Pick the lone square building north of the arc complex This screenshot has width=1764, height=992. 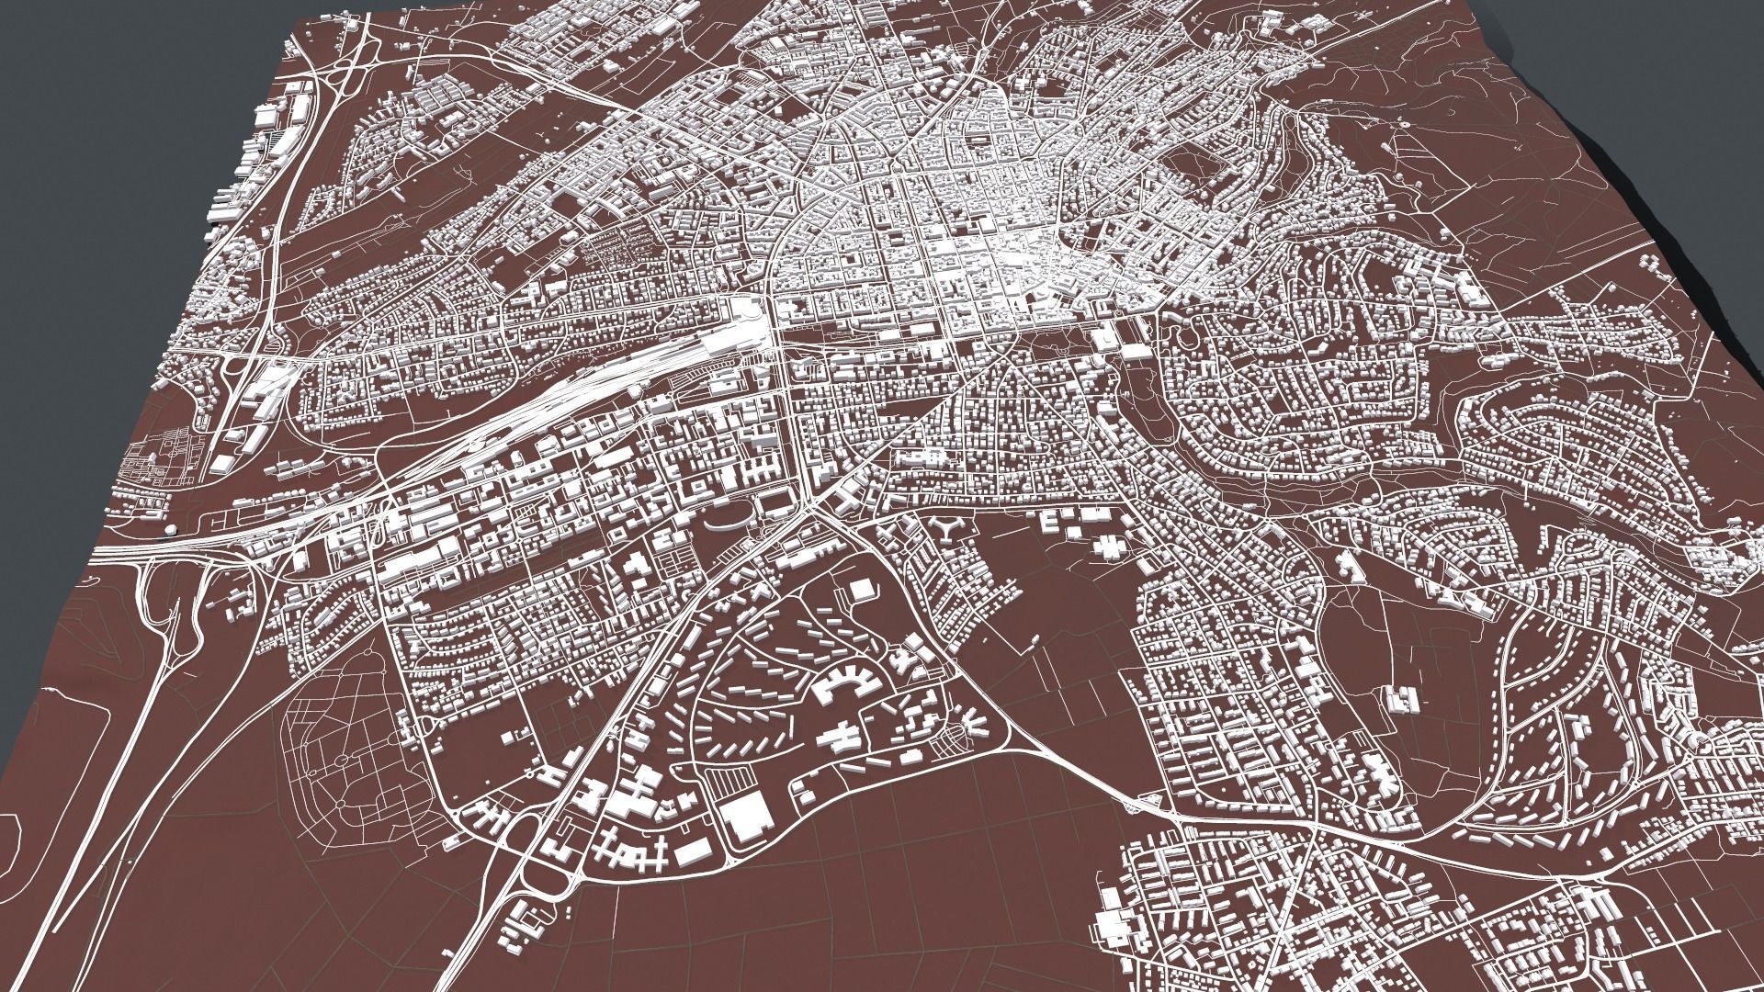(x=861, y=591)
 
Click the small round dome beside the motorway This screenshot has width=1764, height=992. (x=172, y=532)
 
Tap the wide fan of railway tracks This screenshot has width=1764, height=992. (x=588, y=386)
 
